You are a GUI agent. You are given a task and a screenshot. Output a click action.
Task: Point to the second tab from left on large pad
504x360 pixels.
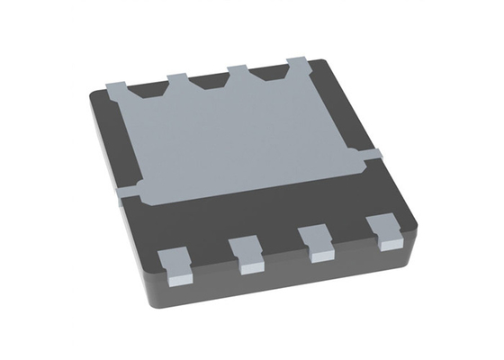point(176,80)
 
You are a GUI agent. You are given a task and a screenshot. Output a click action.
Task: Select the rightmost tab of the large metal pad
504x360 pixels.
point(297,65)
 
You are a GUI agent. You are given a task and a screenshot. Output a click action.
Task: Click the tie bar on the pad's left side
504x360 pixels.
point(128,192)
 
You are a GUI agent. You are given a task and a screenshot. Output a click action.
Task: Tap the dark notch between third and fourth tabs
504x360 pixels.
point(267,75)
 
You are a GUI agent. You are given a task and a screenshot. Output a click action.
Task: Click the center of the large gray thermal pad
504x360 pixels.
point(243,135)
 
